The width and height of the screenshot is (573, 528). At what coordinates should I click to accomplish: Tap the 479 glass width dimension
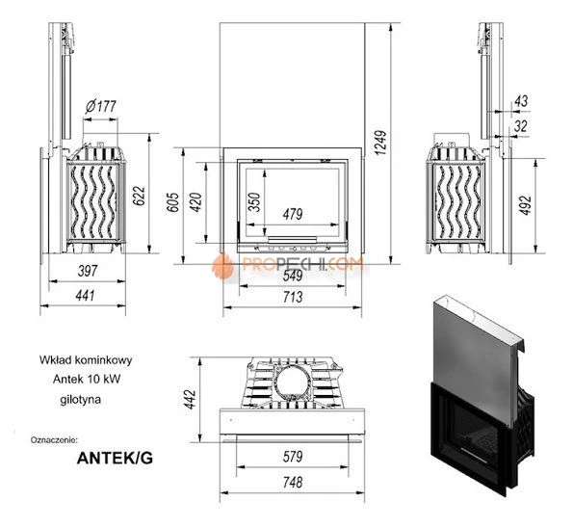point(293,213)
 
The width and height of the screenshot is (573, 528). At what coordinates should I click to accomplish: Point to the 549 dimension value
point(292,274)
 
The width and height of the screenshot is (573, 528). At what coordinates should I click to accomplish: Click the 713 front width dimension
point(292,297)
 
